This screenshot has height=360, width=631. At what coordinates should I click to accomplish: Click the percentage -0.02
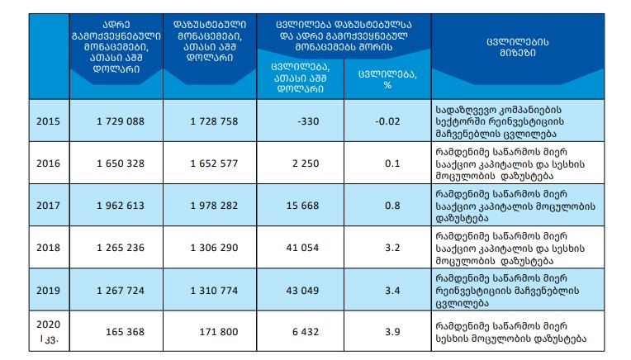click(387, 121)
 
